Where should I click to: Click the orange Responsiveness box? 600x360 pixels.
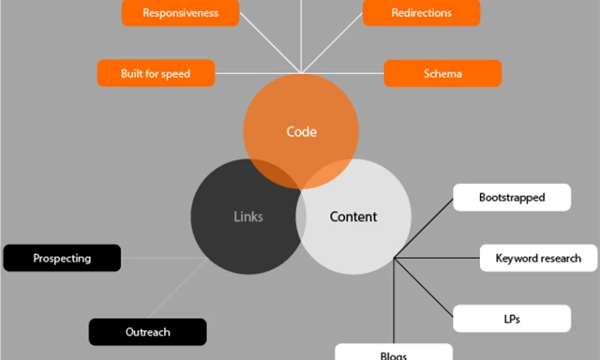pyautogui.click(x=180, y=13)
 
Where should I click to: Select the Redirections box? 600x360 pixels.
pyautogui.click(x=421, y=13)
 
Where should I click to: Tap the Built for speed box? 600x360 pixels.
pyautogui.click(x=156, y=73)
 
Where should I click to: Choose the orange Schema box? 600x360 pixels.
pyautogui.click(x=442, y=73)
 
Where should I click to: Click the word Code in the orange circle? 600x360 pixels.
pyautogui.click(x=301, y=132)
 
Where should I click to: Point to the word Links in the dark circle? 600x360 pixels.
pyautogui.click(x=248, y=217)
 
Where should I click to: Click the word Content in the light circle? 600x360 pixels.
pyautogui.click(x=353, y=217)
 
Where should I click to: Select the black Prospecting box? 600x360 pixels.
pyautogui.click(x=62, y=258)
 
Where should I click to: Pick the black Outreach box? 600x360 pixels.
pyautogui.click(x=148, y=331)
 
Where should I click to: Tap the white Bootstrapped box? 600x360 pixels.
pyautogui.click(x=512, y=198)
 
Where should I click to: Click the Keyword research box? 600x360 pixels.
pyautogui.click(x=538, y=258)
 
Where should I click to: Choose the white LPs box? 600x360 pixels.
pyautogui.click(x=512, y=319)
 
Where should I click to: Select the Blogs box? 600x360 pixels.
pyautogui.click(x=394, y=352)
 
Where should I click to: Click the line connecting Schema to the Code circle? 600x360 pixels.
pyautogui.click(x=345, y=73)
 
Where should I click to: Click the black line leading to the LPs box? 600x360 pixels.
pyautogui.click(x=424, y=289)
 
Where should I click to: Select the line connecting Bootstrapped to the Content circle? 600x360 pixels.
pyautogui.click(x=424, y=229)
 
